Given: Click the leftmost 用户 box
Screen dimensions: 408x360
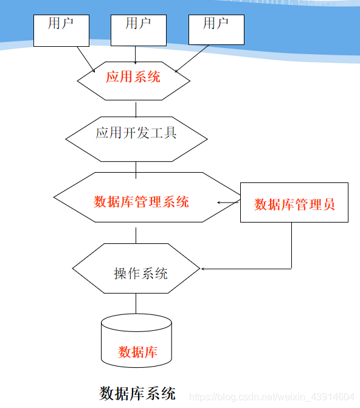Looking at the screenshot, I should click(x=61, y=30).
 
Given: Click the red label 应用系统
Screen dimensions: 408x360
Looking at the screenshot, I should click(x=133, y=77).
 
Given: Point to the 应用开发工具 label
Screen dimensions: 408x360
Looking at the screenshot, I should click(x=136, y=133).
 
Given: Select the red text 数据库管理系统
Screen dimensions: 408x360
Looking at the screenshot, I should click(x=141, y=202).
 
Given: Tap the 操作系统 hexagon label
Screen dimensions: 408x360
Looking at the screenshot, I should click(x=140, y=273).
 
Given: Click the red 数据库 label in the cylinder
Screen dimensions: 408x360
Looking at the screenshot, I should click(x=137, y=351).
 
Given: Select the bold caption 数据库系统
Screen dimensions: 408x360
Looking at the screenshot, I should click(x=137, y=393).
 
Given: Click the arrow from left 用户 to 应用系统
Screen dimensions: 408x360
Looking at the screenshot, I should click(x=85, y=59).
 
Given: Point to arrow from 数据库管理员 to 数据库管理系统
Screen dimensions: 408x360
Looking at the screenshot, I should click(x=229, y=202).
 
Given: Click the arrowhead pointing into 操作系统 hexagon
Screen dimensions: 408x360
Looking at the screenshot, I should click(x=204, y=268).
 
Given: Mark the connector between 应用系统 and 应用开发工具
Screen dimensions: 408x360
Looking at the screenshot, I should click(x=136, y=109).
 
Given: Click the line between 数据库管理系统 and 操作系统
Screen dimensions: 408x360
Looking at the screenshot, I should click(x=136, y=235).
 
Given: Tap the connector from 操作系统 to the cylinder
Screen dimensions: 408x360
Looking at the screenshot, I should click(x=136, y=304).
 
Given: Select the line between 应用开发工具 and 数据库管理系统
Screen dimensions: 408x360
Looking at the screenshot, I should click(x=136, y=167).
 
